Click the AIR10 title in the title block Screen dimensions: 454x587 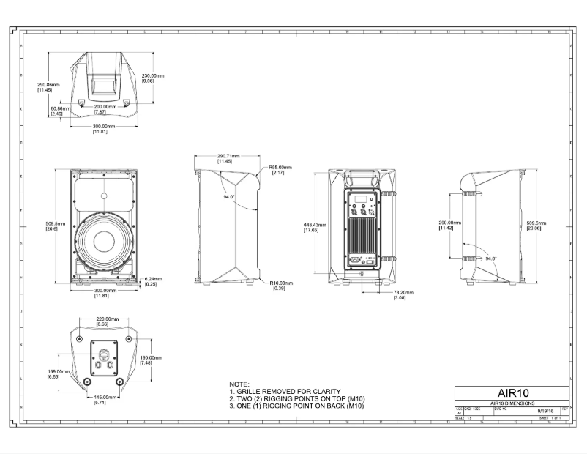(x=512, y=393)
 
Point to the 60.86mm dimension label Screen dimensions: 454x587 (x=60, y=111)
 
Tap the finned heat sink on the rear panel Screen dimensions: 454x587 (x=363, y=237)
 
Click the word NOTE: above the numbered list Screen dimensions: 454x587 (x=239, y=384)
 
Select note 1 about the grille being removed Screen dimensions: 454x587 (x=285, y=391)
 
